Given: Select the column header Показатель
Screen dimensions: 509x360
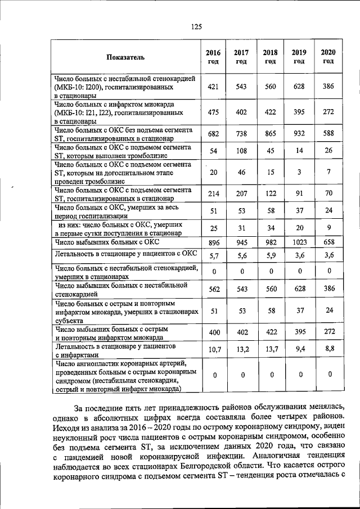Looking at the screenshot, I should point(126,57).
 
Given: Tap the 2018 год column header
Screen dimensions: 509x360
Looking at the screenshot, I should point(270,57).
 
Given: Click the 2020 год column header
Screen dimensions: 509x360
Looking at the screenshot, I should point(328,57).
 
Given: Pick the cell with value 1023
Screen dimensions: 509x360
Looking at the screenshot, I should point(299,242).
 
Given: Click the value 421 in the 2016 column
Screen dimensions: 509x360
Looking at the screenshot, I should point(213,87).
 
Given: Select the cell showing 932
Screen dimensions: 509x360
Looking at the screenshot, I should point(299,133).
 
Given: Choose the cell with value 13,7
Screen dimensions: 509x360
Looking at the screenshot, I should point(271,350).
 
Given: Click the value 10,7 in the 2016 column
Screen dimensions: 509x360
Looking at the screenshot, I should point(213,350).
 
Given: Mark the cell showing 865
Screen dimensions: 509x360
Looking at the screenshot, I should point(271,133).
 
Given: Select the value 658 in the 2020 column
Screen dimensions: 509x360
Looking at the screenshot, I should point(328,242).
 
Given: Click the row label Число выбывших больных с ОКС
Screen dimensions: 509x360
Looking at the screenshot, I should point(107,242).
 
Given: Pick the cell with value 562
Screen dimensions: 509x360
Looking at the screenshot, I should point(213,289).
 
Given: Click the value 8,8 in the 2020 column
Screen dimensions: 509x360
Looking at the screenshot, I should point(328,349).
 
